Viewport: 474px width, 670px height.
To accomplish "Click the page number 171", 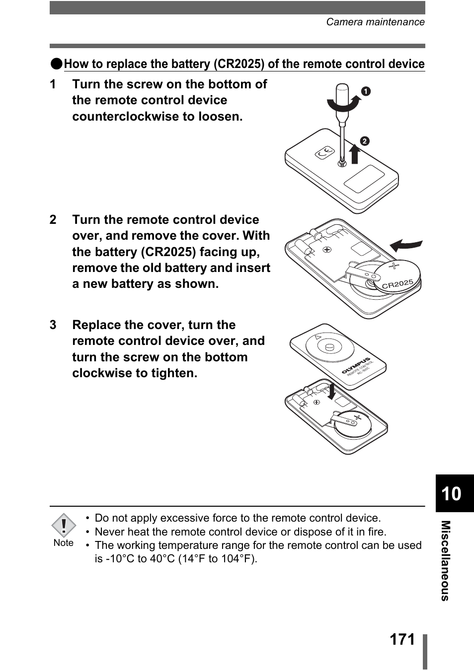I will tap(402, 639).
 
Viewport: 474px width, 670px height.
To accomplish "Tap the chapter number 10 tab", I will tap(451, 494).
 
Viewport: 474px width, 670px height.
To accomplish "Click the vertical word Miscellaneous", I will tap(446, 560).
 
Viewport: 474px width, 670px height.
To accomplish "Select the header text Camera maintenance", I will tap(375, 22).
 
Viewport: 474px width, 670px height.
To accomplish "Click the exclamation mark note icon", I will tap(64, 526).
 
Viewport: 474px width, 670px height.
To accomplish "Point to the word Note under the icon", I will tap(64, 543).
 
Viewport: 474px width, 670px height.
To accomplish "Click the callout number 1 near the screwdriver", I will tap(366, 91).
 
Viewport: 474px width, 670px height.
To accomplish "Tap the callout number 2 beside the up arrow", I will tap(365, 141).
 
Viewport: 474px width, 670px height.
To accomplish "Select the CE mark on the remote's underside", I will tap(325, 154).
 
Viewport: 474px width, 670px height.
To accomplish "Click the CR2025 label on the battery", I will tap(397, 284).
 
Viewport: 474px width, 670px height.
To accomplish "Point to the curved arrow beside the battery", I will tap(405, 245).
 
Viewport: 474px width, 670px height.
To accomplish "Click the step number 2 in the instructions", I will tap(53, 220).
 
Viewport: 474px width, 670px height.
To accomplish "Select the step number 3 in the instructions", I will tap(53, 325).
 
